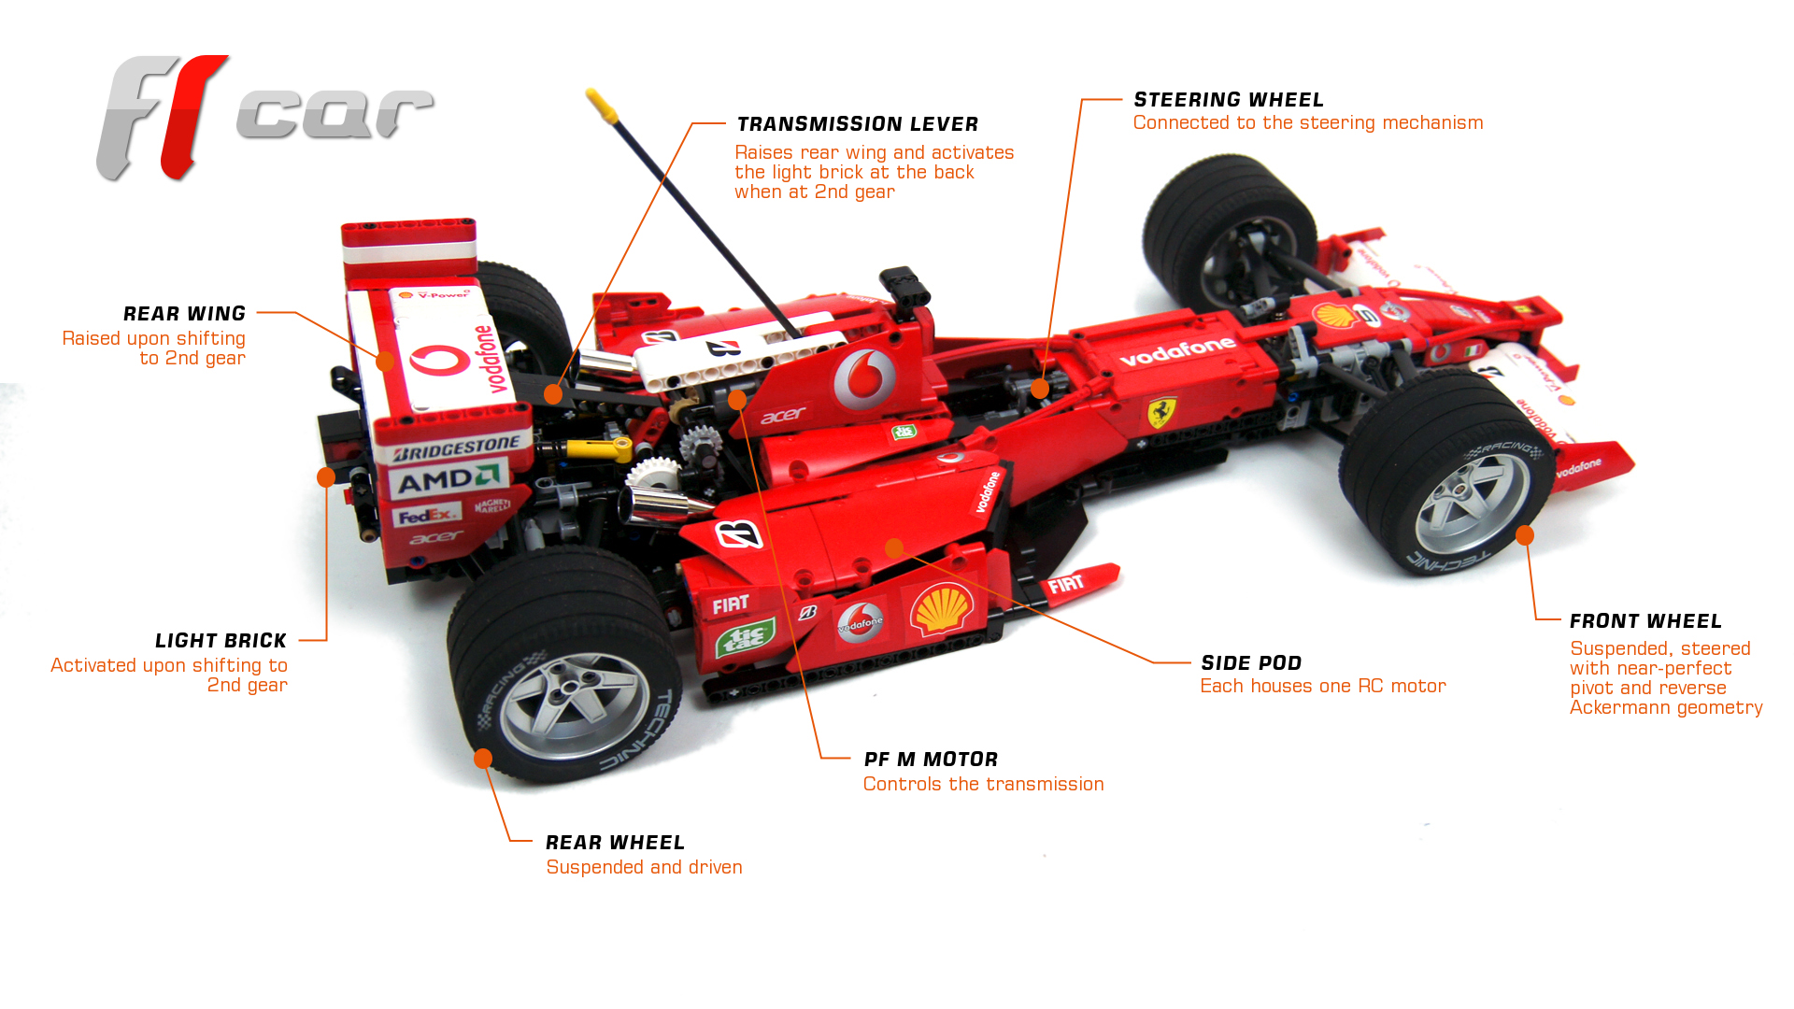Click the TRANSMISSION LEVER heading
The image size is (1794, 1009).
pos(857,124)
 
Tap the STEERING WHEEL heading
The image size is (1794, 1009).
pos(1228,100)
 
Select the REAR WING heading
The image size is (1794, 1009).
pos(184,314)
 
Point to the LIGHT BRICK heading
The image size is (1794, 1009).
pos(221,641)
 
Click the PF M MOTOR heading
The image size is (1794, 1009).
pos(931,760)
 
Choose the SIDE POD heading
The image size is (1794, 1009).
pos(1250,663)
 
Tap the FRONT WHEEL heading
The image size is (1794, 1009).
pos(1645,621)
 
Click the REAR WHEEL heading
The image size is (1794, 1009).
pos(615,843)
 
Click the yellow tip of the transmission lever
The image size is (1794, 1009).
pos(603,107)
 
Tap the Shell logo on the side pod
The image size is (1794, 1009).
pos(942,608)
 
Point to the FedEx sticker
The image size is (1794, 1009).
pos(426,515)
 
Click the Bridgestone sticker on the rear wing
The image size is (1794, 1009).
pos(456,449)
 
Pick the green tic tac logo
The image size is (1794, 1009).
pos(745,639)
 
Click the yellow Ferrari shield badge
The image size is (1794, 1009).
pos(1161,412)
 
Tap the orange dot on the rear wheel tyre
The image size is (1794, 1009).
pos(483,759)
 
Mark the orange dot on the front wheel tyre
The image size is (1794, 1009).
pos(1525,535)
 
